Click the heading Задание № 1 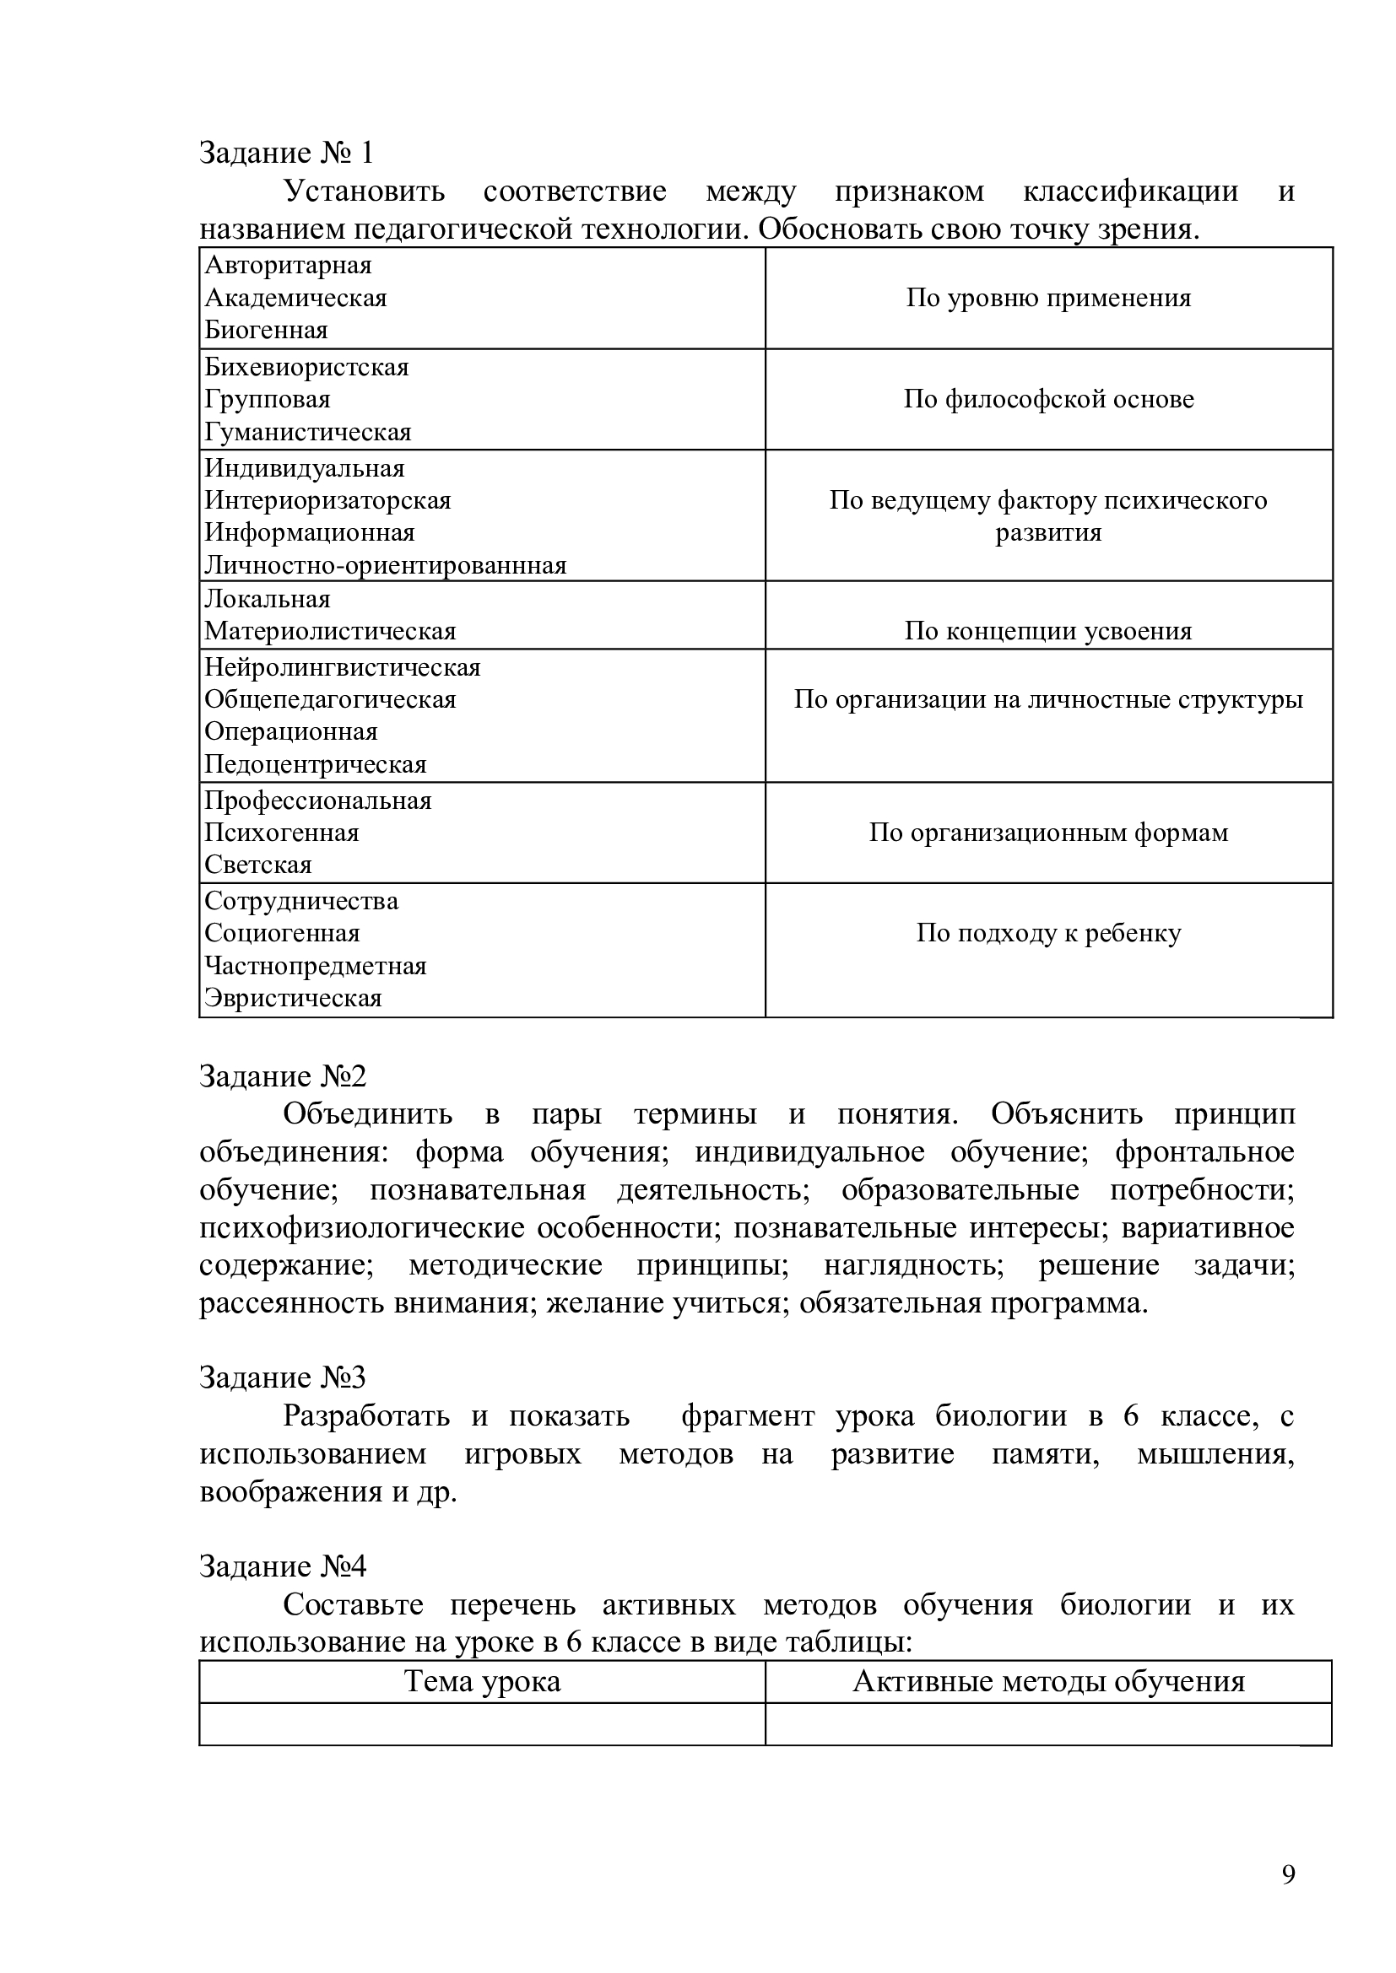286,153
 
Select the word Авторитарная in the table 288,266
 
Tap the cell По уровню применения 1048,298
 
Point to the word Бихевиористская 306,368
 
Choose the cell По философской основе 1048,400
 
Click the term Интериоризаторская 327,501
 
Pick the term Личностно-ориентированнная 385,565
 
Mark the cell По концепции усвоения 1048,632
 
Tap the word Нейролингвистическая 342,668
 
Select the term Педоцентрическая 315,765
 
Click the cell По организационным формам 1048,833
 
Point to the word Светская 258,865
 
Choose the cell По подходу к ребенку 1048,933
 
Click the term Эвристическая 292,999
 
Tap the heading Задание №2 283,1075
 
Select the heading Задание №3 283,1377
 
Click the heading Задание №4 283,1566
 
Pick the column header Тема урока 482,1682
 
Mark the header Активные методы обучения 1048,1682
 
